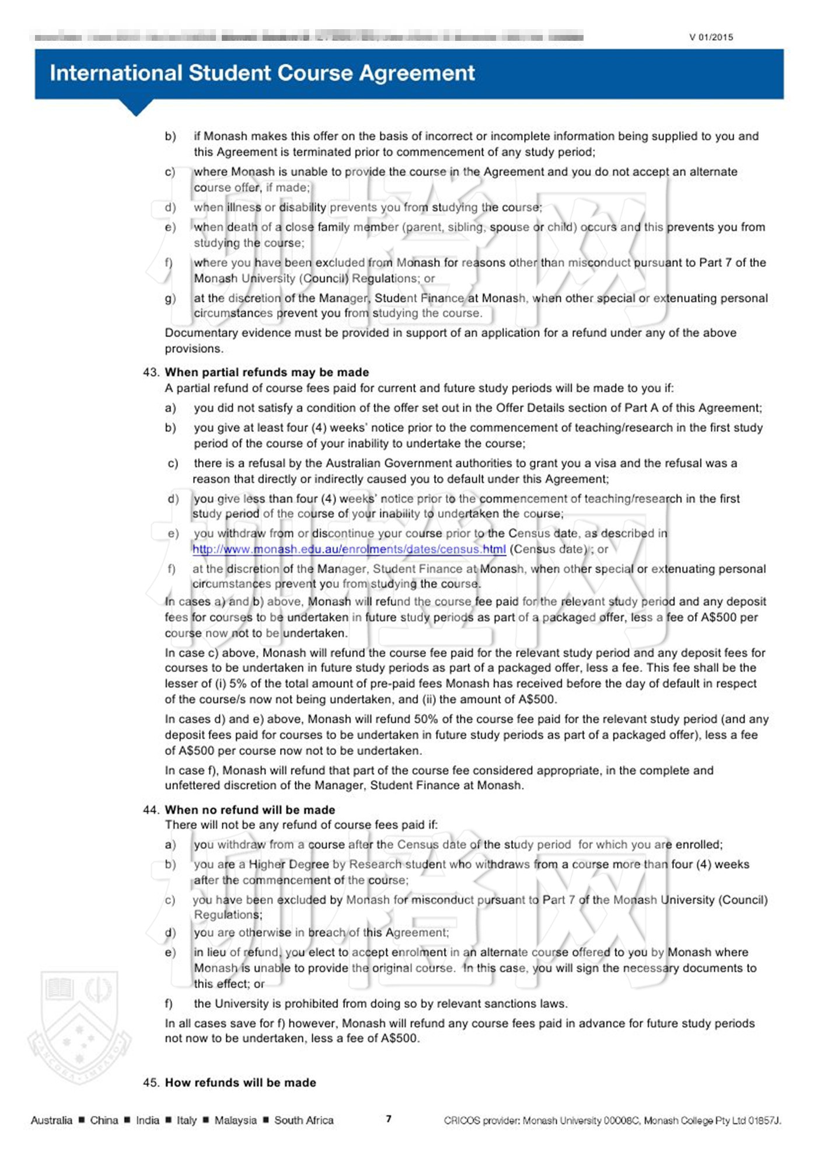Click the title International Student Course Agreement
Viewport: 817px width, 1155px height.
coord(262,73)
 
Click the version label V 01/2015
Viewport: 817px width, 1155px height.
coord(710,37)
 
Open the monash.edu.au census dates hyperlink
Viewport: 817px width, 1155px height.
coord(349,549)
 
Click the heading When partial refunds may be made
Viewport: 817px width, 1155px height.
coord(267,372)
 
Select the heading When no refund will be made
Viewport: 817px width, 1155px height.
coord(250,810)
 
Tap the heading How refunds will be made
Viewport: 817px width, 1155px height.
coord(240,1083)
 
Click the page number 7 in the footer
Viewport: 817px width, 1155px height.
coord(389,1119)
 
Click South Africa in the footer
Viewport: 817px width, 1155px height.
coord(304,1120)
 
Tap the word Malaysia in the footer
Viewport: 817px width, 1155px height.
coord(235,1120)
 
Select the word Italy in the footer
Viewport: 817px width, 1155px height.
coord(187,1120)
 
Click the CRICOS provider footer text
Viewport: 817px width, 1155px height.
coord(612,1120)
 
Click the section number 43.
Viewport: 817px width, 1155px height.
coord(151,372)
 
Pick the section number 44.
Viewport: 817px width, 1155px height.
coord(151,810)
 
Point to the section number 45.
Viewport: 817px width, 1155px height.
coord(151,1083)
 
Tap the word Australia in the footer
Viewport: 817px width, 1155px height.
coord(51,1120)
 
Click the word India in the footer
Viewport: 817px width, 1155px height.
coord(147,1120)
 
